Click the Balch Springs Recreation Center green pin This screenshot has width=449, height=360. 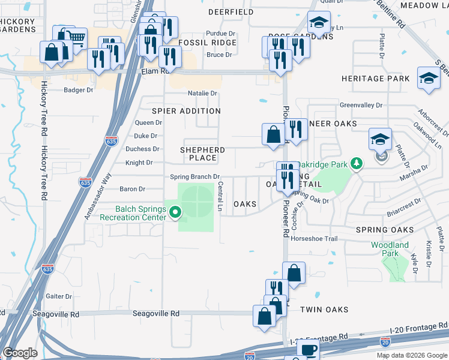(x=175, y=212)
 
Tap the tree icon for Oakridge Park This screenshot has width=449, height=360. (x=357, y=163)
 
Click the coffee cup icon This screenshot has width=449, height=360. (x=308, y=350)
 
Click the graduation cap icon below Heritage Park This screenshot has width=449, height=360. (x=429, y=79)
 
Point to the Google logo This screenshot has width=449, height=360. (x=20, y=353)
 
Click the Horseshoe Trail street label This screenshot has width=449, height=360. (x=315, y=238)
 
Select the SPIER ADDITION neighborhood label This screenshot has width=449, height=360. (x=186, y=111)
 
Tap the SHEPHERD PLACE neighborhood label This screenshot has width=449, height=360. (x=202, y=154)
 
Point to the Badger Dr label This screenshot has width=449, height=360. (x=79, y=90)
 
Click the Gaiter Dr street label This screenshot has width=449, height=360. (x=59, y=296)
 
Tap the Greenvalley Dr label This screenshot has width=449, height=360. (x=361, y=105)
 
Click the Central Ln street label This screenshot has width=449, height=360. (x=220, y=196)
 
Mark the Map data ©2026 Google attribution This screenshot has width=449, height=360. (x=411, y=355)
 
